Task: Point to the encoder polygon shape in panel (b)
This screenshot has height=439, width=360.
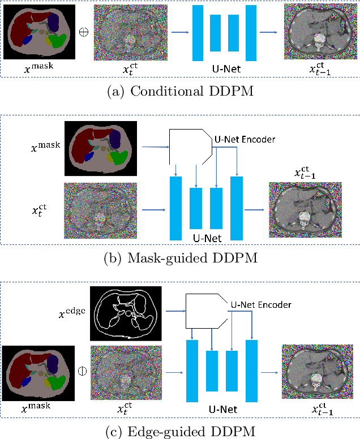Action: [190, 145]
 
